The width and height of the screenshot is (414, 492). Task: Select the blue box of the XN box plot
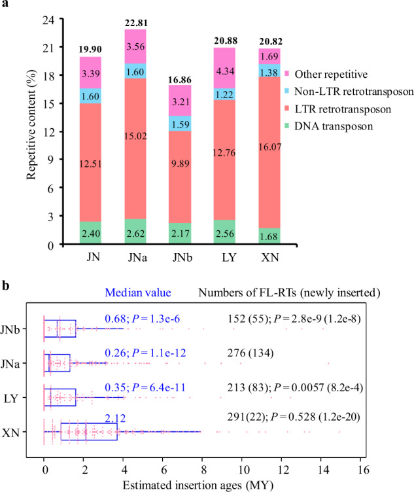tap(89, 432)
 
